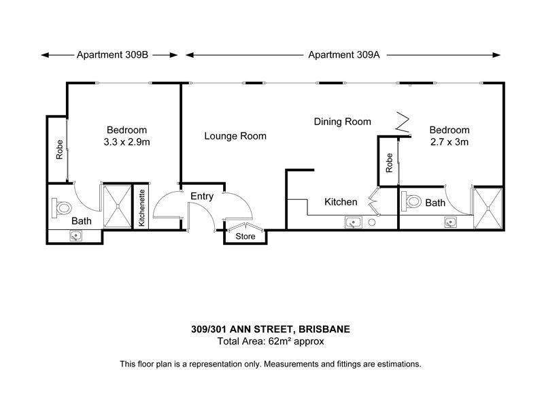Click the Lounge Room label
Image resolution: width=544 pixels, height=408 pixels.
[x=235, y=136]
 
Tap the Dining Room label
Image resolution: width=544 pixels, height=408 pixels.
[x=343, y=122]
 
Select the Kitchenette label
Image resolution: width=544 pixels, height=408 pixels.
[x=141, y=208]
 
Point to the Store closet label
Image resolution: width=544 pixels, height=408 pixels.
[x=245, y=237]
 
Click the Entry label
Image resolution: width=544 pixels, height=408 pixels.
[x=202, y=197]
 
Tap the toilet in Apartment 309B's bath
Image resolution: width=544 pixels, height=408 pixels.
[x=61, y=208]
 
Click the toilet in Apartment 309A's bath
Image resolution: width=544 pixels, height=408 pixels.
[x=411, y=201]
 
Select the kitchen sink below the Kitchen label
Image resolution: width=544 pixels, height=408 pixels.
[x=354, y=222]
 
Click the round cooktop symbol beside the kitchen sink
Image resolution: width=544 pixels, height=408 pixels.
[x=371, y=222]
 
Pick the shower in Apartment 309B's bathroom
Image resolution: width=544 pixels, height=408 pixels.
[x=118, y=207]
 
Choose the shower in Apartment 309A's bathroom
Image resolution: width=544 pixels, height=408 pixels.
[x=488, y=208]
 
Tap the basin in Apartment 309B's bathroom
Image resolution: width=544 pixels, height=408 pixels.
[x=75, y=236]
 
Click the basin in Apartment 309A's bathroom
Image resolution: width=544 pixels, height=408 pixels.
[x=450, y=222]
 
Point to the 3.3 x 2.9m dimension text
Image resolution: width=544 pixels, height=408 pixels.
[x=126, y=142]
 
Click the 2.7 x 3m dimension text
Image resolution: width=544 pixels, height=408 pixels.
[x=449, y=142]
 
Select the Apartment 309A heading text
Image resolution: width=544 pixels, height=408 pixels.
[x=344, y=55]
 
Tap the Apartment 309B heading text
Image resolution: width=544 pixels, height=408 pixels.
[x=112, y=55]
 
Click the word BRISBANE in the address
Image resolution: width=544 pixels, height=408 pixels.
[x=324, y=329]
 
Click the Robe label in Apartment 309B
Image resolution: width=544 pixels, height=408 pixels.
[x=60, y=150]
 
